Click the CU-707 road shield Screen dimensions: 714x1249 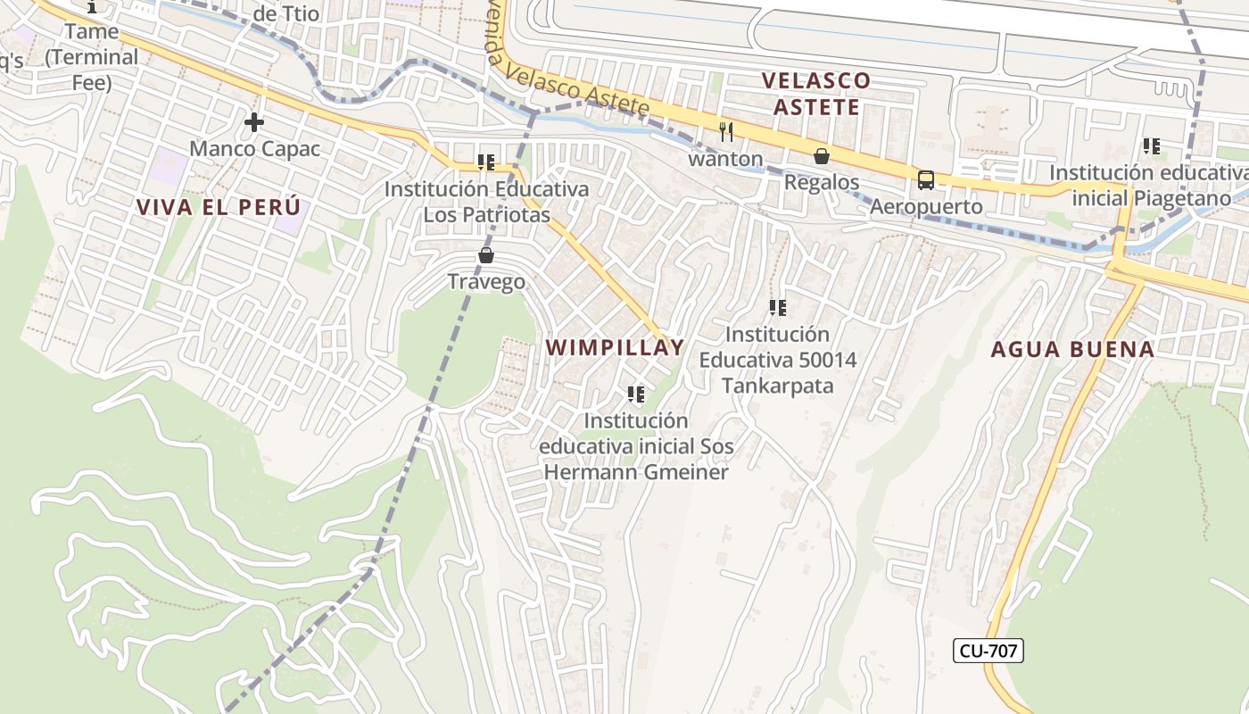[x=988, y=651]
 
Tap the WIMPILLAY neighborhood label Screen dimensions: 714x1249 [x=615, y=347]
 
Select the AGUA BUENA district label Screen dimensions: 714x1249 [x=1072, y=349]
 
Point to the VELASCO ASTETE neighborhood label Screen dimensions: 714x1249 [x=815, y=94]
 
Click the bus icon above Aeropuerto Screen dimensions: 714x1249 [x=926, y=180]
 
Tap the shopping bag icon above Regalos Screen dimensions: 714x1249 [x=822, y=157]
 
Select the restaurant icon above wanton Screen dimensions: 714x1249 [x=726, y=132]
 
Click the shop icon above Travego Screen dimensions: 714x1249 [x=486, y=256]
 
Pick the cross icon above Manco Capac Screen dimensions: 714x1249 [x=254, y=122]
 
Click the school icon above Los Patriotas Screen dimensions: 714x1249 [x=486, y=162]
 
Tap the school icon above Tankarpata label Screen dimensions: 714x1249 [x=778, y=308]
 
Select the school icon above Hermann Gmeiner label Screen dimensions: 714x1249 [x=636, y=394]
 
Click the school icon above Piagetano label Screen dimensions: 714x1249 [x=1152, y=145]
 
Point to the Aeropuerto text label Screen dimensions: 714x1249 [x=925, y=206]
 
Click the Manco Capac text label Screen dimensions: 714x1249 [x=254, y=148]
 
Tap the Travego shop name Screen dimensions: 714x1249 [x=486, y=282]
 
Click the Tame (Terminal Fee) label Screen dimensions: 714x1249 [x=92, y=57]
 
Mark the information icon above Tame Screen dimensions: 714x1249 [x=93, y=7]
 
